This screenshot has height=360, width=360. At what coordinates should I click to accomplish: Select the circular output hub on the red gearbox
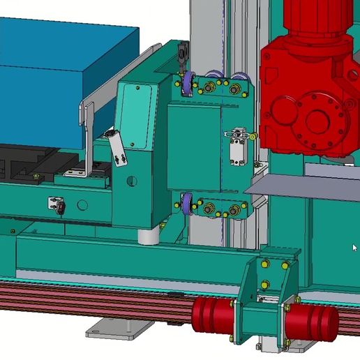[x=318, y=119]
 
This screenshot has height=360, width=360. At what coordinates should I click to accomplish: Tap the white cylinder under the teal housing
[x=149, y=236]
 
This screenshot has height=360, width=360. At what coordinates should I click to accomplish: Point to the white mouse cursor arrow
[x=354, y=247]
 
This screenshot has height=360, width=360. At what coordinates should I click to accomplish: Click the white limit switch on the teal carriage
[x=237, y=145]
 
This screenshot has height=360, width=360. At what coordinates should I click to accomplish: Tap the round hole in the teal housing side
[x=130, y=181]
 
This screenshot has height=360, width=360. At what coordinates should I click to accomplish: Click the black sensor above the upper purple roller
[x=183, y=52]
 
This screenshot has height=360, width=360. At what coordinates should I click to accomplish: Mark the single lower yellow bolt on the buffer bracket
[x=265, y=284]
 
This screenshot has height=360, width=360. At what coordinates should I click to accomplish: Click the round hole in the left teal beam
[x=83, y=205]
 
